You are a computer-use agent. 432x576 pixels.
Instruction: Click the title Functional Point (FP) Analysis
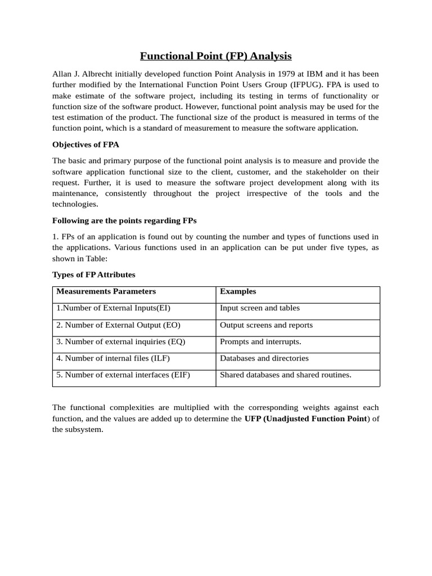click(x=216, y=56)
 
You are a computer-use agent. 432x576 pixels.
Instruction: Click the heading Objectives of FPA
click(x=85, y=145)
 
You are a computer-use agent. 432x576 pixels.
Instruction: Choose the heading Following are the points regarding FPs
click(x=124, y=220)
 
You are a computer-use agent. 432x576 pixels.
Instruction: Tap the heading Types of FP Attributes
click(x=94, y=274)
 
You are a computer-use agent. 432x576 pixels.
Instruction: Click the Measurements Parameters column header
click(x=106, y=291)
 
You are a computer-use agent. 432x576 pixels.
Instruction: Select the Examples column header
click(x=238, y=291)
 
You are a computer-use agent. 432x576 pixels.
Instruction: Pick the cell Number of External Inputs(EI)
click(x=113, y=308)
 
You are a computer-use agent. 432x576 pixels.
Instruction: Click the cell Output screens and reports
click(x=266, y=325)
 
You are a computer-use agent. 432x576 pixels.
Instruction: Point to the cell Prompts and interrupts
click(x=260, y=341)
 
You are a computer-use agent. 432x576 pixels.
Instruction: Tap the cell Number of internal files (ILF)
click(x=113, y=358)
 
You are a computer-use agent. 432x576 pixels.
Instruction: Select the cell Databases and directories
click(x=264, y=358)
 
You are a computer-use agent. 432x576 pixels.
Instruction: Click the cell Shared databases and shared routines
click(x=285, y=375)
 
